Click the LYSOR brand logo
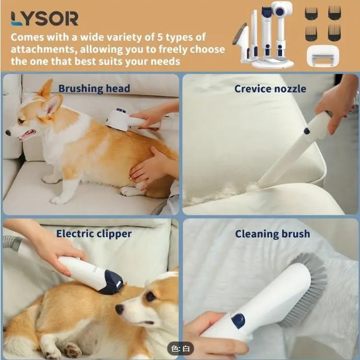pos(44,18)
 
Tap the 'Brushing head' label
pos(94,89)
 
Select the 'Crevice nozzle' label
pos(270,89)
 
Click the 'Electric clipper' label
pos(94,234)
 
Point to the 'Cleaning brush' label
pos(273,234)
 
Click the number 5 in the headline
pos(160,37)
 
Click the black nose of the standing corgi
pos(8,133)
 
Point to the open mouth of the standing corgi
pos(27,135)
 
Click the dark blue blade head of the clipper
pos(112,282)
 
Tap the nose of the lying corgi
pos(120,309)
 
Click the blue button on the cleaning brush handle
pos(238,320)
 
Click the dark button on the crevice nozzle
pos(307,131)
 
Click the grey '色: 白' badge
pos(180,349)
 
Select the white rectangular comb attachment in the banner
pos(323,56)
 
